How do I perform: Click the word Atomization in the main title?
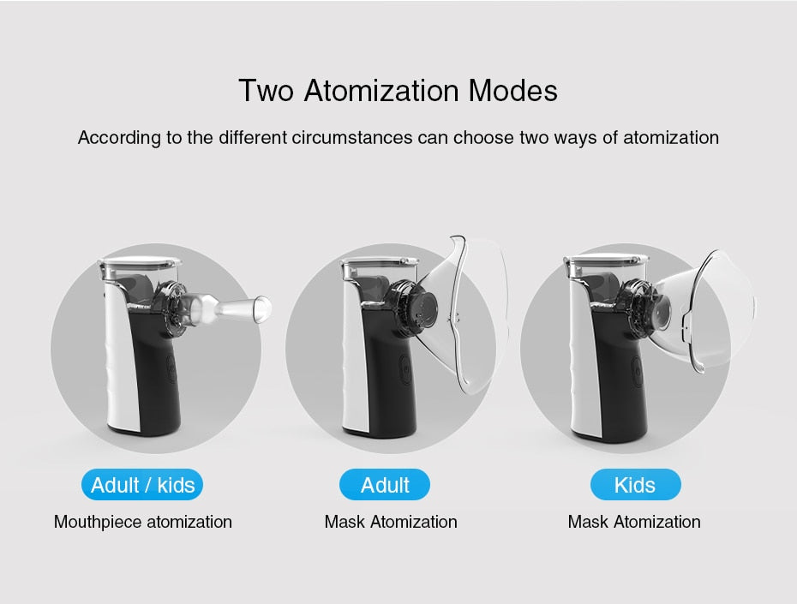[381, 91]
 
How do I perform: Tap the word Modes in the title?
[512, 91]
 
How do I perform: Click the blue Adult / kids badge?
[142, 485]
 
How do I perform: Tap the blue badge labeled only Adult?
[385, 485]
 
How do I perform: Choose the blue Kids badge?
[635, 485]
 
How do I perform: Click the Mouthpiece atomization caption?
[143, 523]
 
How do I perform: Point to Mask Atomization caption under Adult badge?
[391, 522]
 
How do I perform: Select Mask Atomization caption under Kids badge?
[634, 522]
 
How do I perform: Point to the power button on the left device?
[172, 368]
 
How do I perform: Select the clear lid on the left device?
[140, 263]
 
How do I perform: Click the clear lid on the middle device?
[380, 263]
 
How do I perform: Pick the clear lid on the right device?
[607, 261]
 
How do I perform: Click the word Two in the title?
[267, 91]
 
